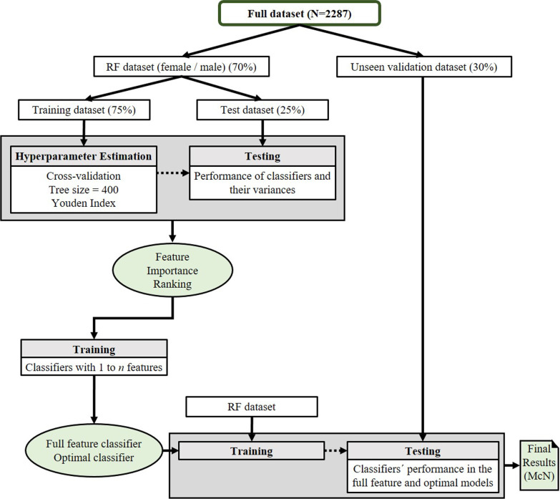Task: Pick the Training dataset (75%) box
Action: pos(86,110)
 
